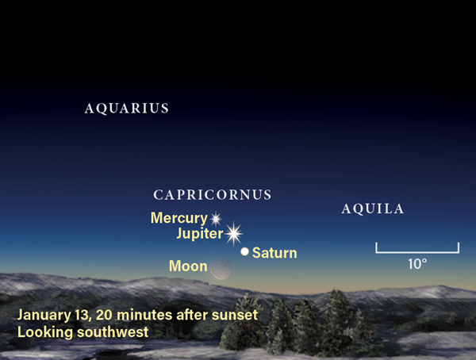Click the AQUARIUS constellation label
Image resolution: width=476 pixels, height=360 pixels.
tap(127, 109)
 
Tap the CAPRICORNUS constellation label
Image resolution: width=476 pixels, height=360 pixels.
tap(212, 195)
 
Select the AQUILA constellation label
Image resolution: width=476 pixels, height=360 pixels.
tap(373, 209)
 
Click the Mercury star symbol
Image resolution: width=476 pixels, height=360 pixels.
tap(216, 219)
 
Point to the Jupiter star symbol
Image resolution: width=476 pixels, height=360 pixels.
tap(234, 233)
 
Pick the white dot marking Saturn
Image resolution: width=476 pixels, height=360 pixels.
tap(244, 251)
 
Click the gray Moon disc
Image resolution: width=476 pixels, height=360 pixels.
tap(221, 268)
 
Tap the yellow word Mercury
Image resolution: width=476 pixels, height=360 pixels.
tap(179, 218)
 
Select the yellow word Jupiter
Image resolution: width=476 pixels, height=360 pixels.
tap(200, 234)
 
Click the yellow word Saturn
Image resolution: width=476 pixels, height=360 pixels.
tap(274, 253)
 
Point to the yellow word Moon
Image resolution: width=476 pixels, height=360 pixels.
tap(188, 266)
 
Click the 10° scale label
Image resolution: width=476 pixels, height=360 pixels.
tap(417, 264)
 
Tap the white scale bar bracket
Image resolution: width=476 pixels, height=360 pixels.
tap(417, 252)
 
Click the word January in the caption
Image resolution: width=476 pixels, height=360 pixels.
tap(44, 315)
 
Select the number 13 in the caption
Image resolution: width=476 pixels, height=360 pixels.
tap(83, 315)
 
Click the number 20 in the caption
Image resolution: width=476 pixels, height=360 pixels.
tap(104, 315)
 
